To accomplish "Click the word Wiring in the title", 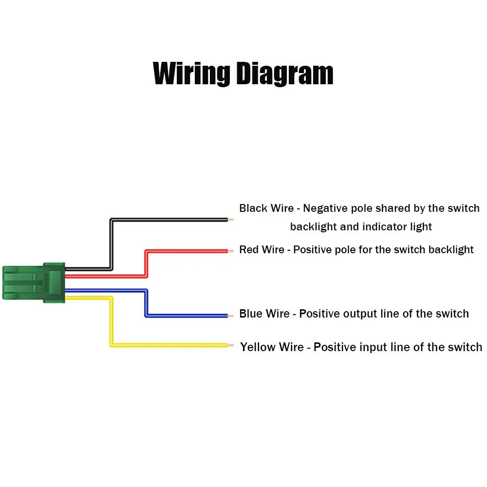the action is pyautogui.click(x=191, y=74).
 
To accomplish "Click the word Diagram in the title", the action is pyautogui.click(x=285, y=74).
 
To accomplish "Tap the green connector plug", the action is pyautogui.click(x=34, y=282).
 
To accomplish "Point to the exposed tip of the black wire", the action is pyautogui.click(x=231, y=220).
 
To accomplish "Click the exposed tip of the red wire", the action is pyautogui.click(x=231, y=251).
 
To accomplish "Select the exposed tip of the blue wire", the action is pyautogui.click(x=231, y=316).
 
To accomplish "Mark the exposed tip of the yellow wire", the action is pyautogui.click(x=231, y=345).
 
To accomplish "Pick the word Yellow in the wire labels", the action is pyautogui.click(x=257, y=347).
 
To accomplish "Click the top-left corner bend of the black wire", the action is pyautogui.click(x=111, y=220).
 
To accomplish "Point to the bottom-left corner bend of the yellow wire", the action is pyautogui.click(x=111, y=345).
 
